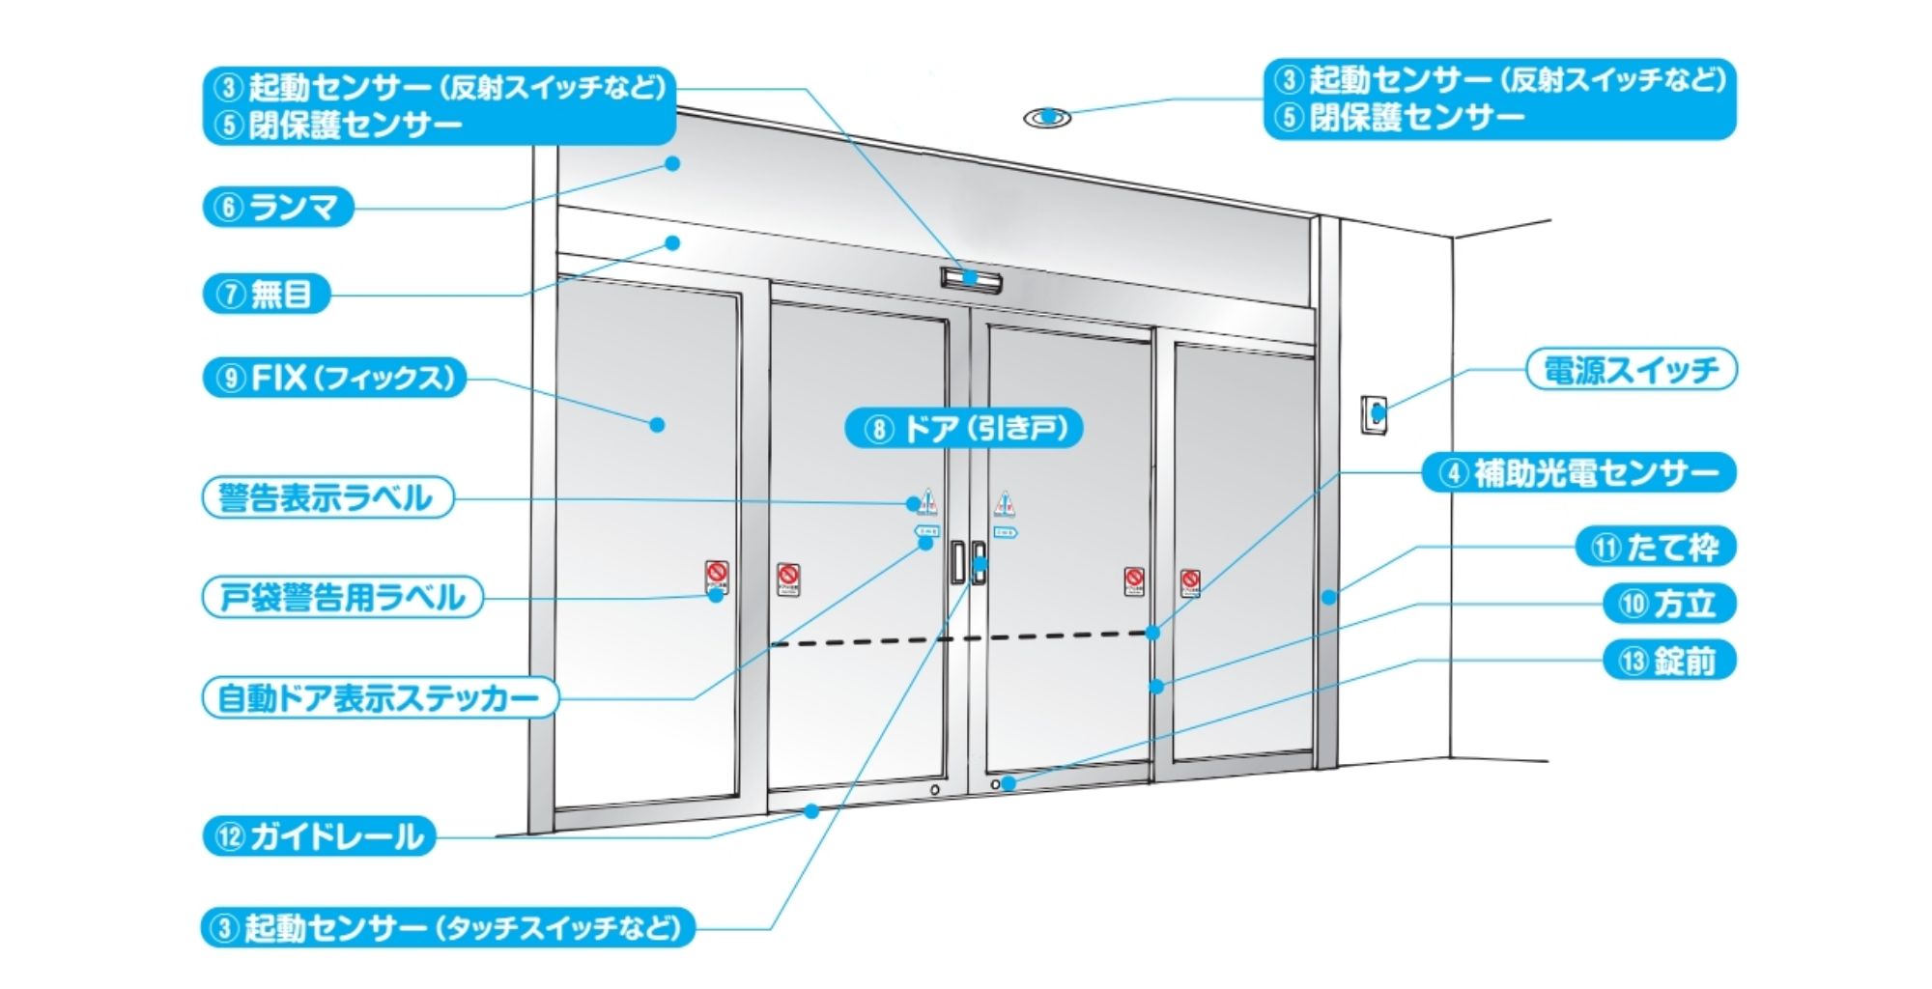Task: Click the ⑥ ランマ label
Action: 278,208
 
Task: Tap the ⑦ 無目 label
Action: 267,294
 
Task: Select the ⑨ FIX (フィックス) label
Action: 334,378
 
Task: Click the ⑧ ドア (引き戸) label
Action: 963,428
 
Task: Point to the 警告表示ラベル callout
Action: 327,497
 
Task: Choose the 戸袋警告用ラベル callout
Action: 342,598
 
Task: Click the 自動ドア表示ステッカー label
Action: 380,697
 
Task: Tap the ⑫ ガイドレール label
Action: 319,836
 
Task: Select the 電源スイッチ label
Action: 1632,370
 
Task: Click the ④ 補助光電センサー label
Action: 1579,473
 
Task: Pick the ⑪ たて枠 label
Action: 1656,548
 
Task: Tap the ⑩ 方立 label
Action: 1669,605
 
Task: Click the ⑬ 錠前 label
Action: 1669,662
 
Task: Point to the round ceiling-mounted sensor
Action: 1047,118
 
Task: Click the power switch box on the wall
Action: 1374,414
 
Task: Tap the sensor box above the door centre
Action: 971,280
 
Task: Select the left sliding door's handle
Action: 956,562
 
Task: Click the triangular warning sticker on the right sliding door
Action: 1005,503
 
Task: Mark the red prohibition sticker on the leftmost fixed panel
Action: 716,577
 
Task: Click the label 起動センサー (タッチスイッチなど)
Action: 448,928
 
